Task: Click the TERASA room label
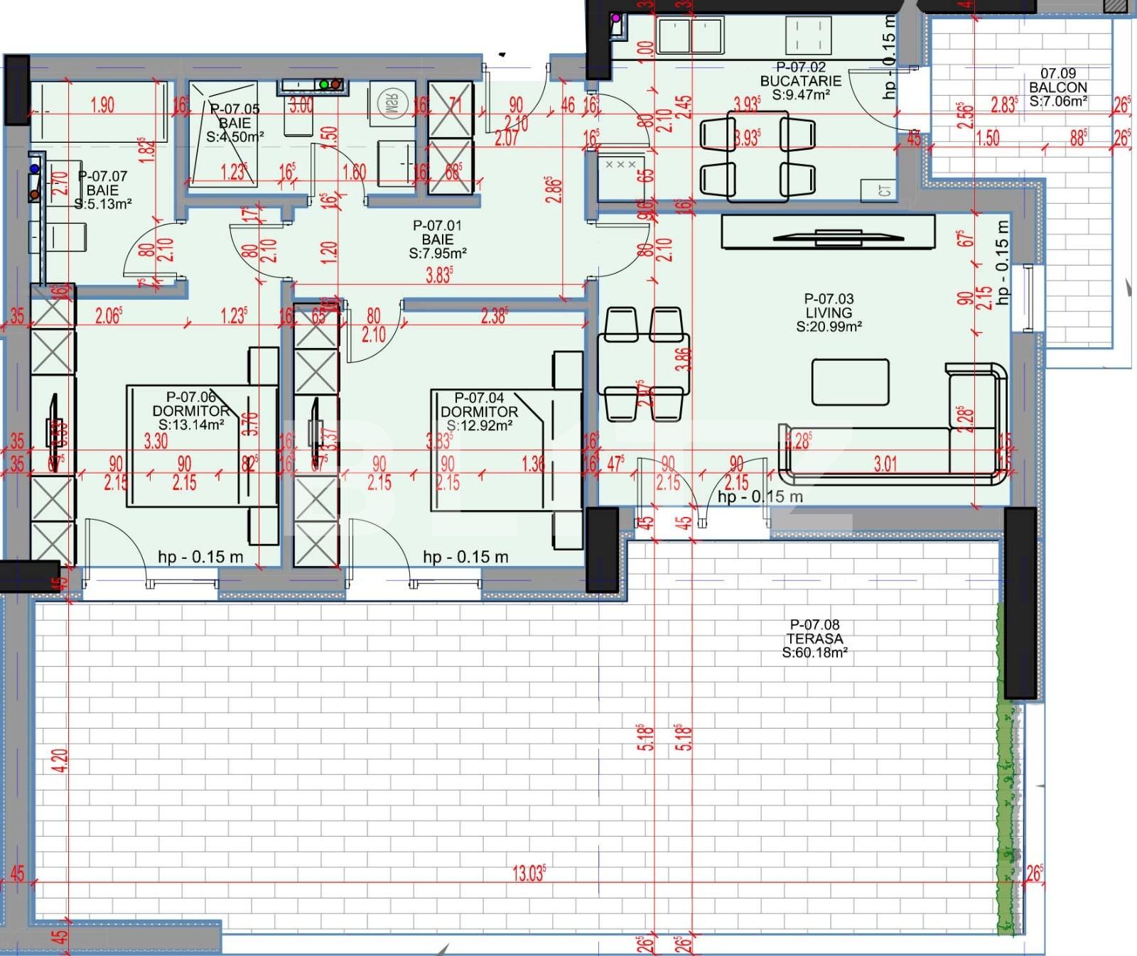[x=814, y=639]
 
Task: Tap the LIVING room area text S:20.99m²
[x=829, y=327]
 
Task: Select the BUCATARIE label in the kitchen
[x=801, y=81]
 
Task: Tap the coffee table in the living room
[x=851, y=381]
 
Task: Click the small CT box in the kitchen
[x=884, y=190]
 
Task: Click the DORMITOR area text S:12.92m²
[x=480, y=425]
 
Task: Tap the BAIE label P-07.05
[x=235, y=123]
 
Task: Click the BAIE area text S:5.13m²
[x=104, y=205]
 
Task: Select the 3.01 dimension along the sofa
[x=885, y=465]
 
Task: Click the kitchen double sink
[x=689, y=36]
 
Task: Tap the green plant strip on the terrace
[x=1009, y=767]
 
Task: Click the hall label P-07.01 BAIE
[x=438, y=239]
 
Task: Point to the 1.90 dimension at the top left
[x=103, y=106]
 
